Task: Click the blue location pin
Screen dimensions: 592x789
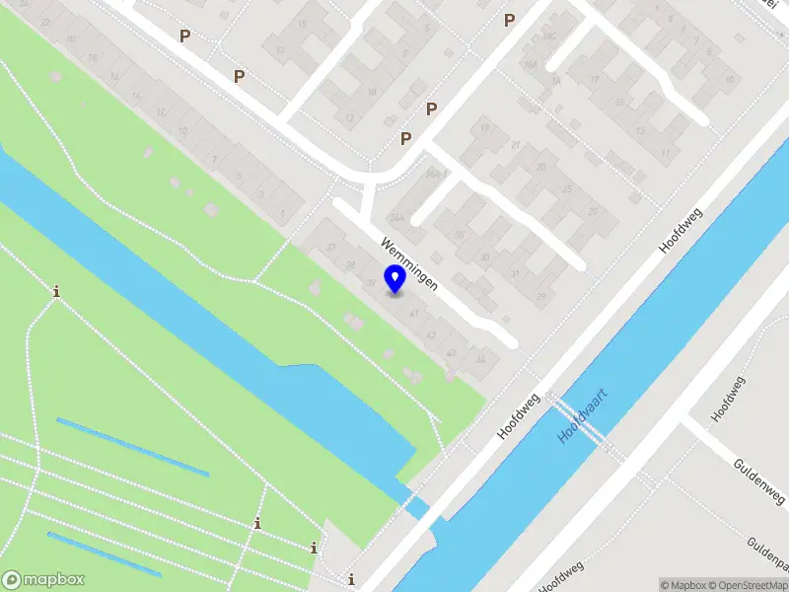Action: pos(394,279)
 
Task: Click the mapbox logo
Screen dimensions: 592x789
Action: pos(43,580)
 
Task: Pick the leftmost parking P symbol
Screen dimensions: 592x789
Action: pos(184,37)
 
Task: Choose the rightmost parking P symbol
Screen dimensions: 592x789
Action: pos(509,20)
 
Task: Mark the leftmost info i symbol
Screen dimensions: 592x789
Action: pos(57,291)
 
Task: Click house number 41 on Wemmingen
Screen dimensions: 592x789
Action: pos(413,314)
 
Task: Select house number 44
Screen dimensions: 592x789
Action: pos(480,360)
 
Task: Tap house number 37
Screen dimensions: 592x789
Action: pos(331,248)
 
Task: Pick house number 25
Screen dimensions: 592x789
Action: pos(566,188)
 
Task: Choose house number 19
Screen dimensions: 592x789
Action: pos(484,128)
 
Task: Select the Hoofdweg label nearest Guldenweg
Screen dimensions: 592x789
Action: pos(730,396)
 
